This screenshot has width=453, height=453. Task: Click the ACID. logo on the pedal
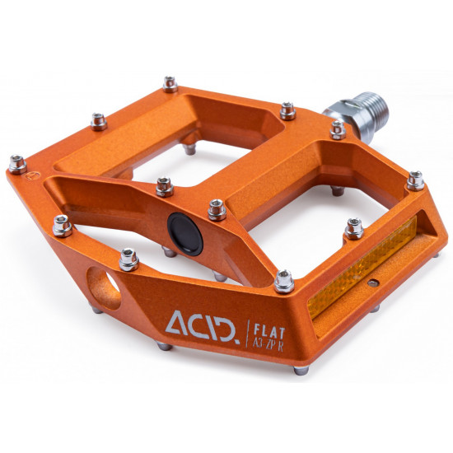tap(203, 326)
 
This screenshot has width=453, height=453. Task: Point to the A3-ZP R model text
tap(269, 344)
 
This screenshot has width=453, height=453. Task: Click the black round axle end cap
tap(185, 234)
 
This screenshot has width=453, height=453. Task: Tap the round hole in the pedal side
tap(104, 288)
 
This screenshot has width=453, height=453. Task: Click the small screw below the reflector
tap(373, 283)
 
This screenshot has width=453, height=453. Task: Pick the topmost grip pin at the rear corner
tap(170, 84)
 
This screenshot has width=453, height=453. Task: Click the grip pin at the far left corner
tap(17, 165)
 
